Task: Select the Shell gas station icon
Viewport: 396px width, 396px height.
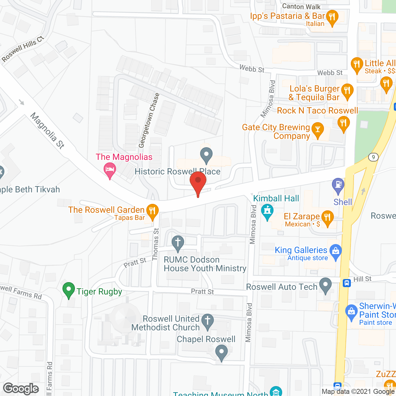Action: click(x=338, y=185)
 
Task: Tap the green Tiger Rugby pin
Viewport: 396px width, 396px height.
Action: click(x=69, y=290)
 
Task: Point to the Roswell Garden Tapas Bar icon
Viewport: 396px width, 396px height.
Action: click(x=152, y=211)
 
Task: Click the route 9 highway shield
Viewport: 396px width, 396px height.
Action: click(x=373, y=157)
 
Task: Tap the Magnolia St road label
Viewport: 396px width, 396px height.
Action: click(x=47, y=131)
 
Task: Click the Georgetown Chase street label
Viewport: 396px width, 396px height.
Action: click(x=149, y=120)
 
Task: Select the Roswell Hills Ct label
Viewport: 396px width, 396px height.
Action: click(x=23, y=49)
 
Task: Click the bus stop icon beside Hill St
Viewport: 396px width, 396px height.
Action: click(x=347, y=283)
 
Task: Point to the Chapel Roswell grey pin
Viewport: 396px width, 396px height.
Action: click(x=222, y=352)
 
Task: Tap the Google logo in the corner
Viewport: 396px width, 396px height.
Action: click(x=21, y=388)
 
